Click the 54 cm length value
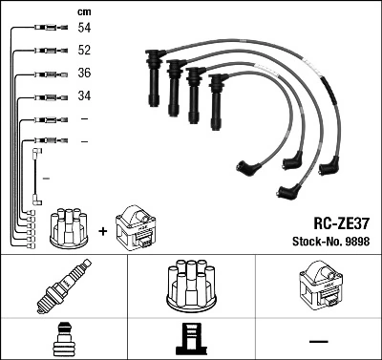[x=85, y=30]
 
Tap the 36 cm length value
[x=85, y=74]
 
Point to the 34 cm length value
[x=85, y=96]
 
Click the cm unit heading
[x=84, y=11]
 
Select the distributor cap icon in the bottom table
[x=190, y=287]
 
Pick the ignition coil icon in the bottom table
[x=318, y=287]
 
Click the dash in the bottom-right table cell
[x=318, y=340]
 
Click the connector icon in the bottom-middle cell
[x=190, y=340]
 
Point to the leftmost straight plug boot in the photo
[x=152, y=81]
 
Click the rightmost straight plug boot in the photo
[x=219, y=99]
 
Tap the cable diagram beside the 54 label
[x=43, y=30]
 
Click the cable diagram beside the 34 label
[x=43, y=96]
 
